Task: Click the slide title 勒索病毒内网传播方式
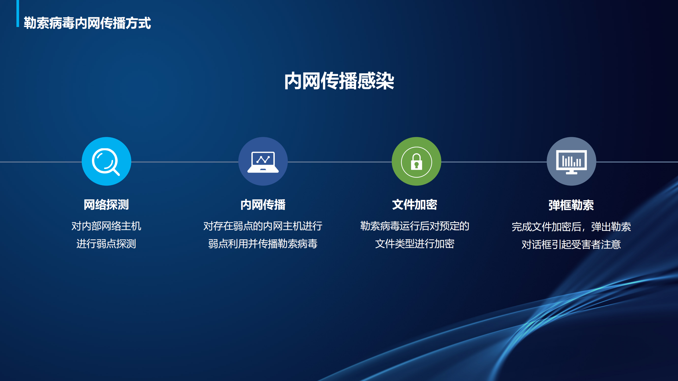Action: pos(87,23)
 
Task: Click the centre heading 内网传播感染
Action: pos(339,81)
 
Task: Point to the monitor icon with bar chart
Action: pos(571,162)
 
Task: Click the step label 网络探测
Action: pos(106,205)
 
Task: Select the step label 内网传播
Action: pos(263,205)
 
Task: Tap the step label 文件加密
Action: pos(414,205)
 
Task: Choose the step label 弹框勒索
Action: pos(571,205)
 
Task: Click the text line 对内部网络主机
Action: pos(106,226)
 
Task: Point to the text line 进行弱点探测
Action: pos(106,244)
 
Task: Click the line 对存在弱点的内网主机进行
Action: pos(263,226)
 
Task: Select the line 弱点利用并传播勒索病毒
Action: pos(263,244)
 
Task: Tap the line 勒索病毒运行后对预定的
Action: pos(415,226)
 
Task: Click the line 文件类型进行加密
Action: pos(415,244)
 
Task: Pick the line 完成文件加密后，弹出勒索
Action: pos(571,227)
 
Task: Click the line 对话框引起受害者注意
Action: pos(571,244)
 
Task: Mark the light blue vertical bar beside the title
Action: pos(18,13)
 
